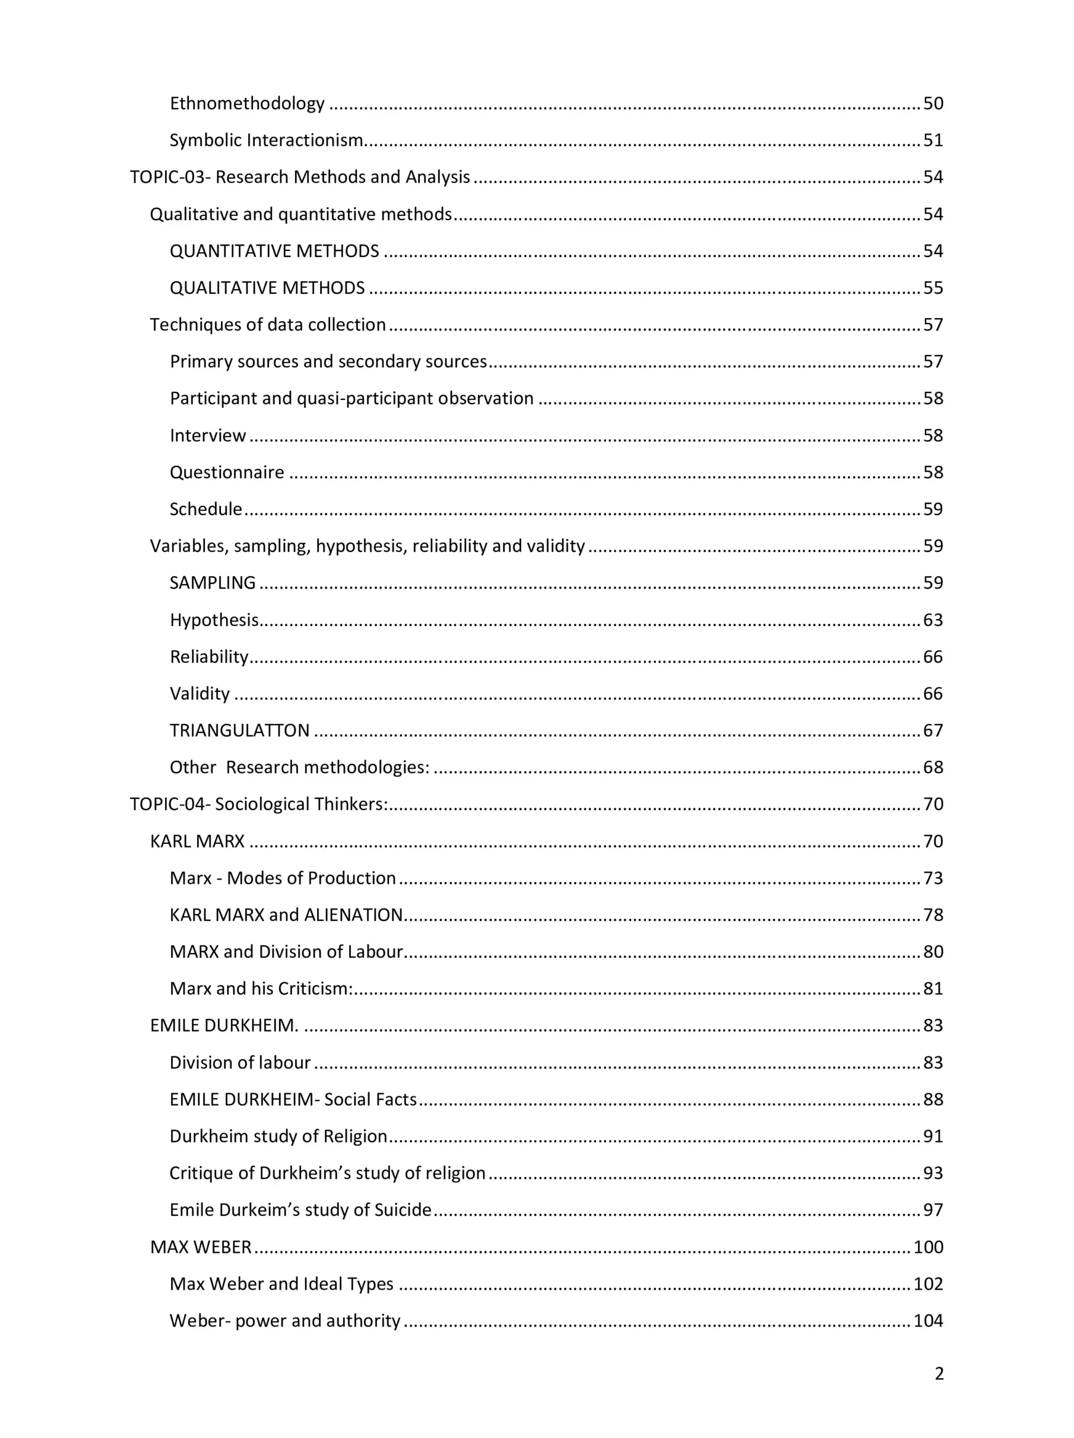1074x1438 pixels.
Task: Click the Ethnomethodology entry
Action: tap(247, 103)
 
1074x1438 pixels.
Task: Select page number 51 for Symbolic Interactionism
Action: tap(933, 140)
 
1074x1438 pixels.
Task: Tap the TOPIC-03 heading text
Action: tap(300, 177)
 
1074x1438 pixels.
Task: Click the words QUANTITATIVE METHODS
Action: tap(274, 251)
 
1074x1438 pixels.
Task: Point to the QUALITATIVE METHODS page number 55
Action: tap(933, 288)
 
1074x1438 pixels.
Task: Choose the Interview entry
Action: tap(208, 436)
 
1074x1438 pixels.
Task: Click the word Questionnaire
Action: tap(227, 472)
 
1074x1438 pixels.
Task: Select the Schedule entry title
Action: tap(205, 509)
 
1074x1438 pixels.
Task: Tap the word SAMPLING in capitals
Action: tap(213, 583)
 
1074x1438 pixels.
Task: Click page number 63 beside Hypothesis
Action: tap(933, 620)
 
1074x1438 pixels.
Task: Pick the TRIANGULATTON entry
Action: tap(239, 731)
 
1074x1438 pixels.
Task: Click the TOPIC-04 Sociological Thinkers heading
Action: tap(259, 804)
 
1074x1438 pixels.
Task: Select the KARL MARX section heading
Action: tap(197, 842)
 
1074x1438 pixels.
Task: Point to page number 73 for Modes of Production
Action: tap(933, 878)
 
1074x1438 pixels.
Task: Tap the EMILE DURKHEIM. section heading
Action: tap(224, 1026)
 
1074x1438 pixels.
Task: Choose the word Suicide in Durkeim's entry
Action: tap(403, 1210)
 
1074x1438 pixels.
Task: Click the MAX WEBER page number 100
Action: tap(929, 1247)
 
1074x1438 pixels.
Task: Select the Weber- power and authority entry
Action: tap(285, 1320)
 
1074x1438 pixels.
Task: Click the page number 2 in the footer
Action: tap(939, 1374)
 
